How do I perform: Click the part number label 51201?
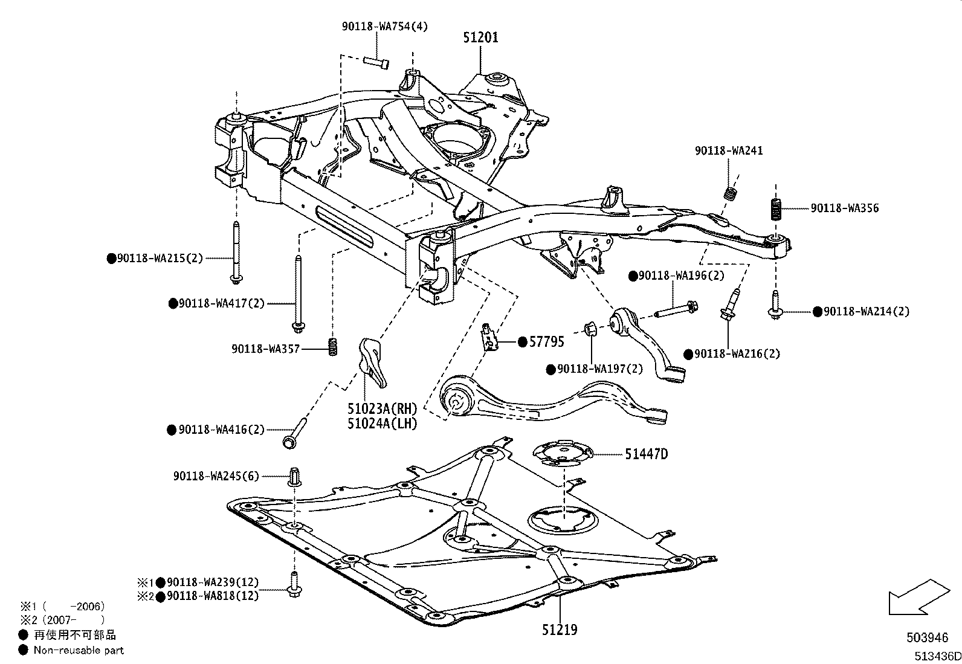481,37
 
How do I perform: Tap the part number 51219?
559,630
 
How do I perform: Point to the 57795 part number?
546,342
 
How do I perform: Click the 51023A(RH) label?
382,410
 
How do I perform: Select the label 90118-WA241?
728,150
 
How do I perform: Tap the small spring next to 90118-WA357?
332,347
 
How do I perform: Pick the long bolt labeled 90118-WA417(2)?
297,293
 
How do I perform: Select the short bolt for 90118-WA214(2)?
775,306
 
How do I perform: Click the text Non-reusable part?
79,650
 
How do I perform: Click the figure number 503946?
927,637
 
